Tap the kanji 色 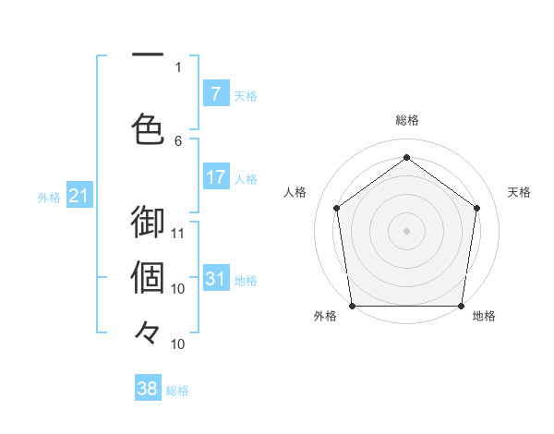[x=148, y=127]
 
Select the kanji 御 [x=148, y=224]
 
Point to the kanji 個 [x=148, y=276]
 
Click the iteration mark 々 [x=148, y=331]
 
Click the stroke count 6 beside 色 [x=178, y=140]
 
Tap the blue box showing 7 [x=215, y=94]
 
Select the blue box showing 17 [x=215, y=177]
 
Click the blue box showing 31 [x=215, y=279]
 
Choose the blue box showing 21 [x=78, y=196]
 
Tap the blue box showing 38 [x=148, y=390]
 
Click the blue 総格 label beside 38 [x=177, y=391]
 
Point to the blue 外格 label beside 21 [x=49, y=197]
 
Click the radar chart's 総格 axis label [x=406, y=120]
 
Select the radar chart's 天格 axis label [x=519, y=192]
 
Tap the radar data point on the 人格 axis [x=336, y=208]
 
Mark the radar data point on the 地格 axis [x=461, y=306]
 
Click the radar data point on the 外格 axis [x=353, y=306]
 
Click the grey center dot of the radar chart [x=406, y=230]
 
